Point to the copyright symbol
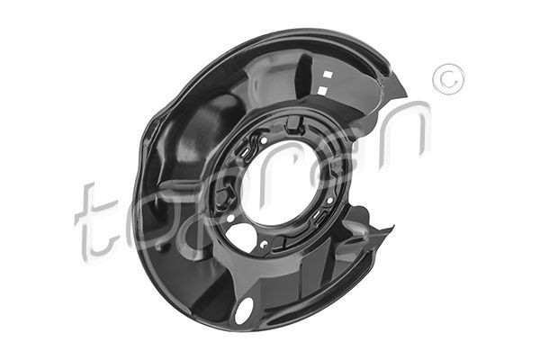coord(447,78)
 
